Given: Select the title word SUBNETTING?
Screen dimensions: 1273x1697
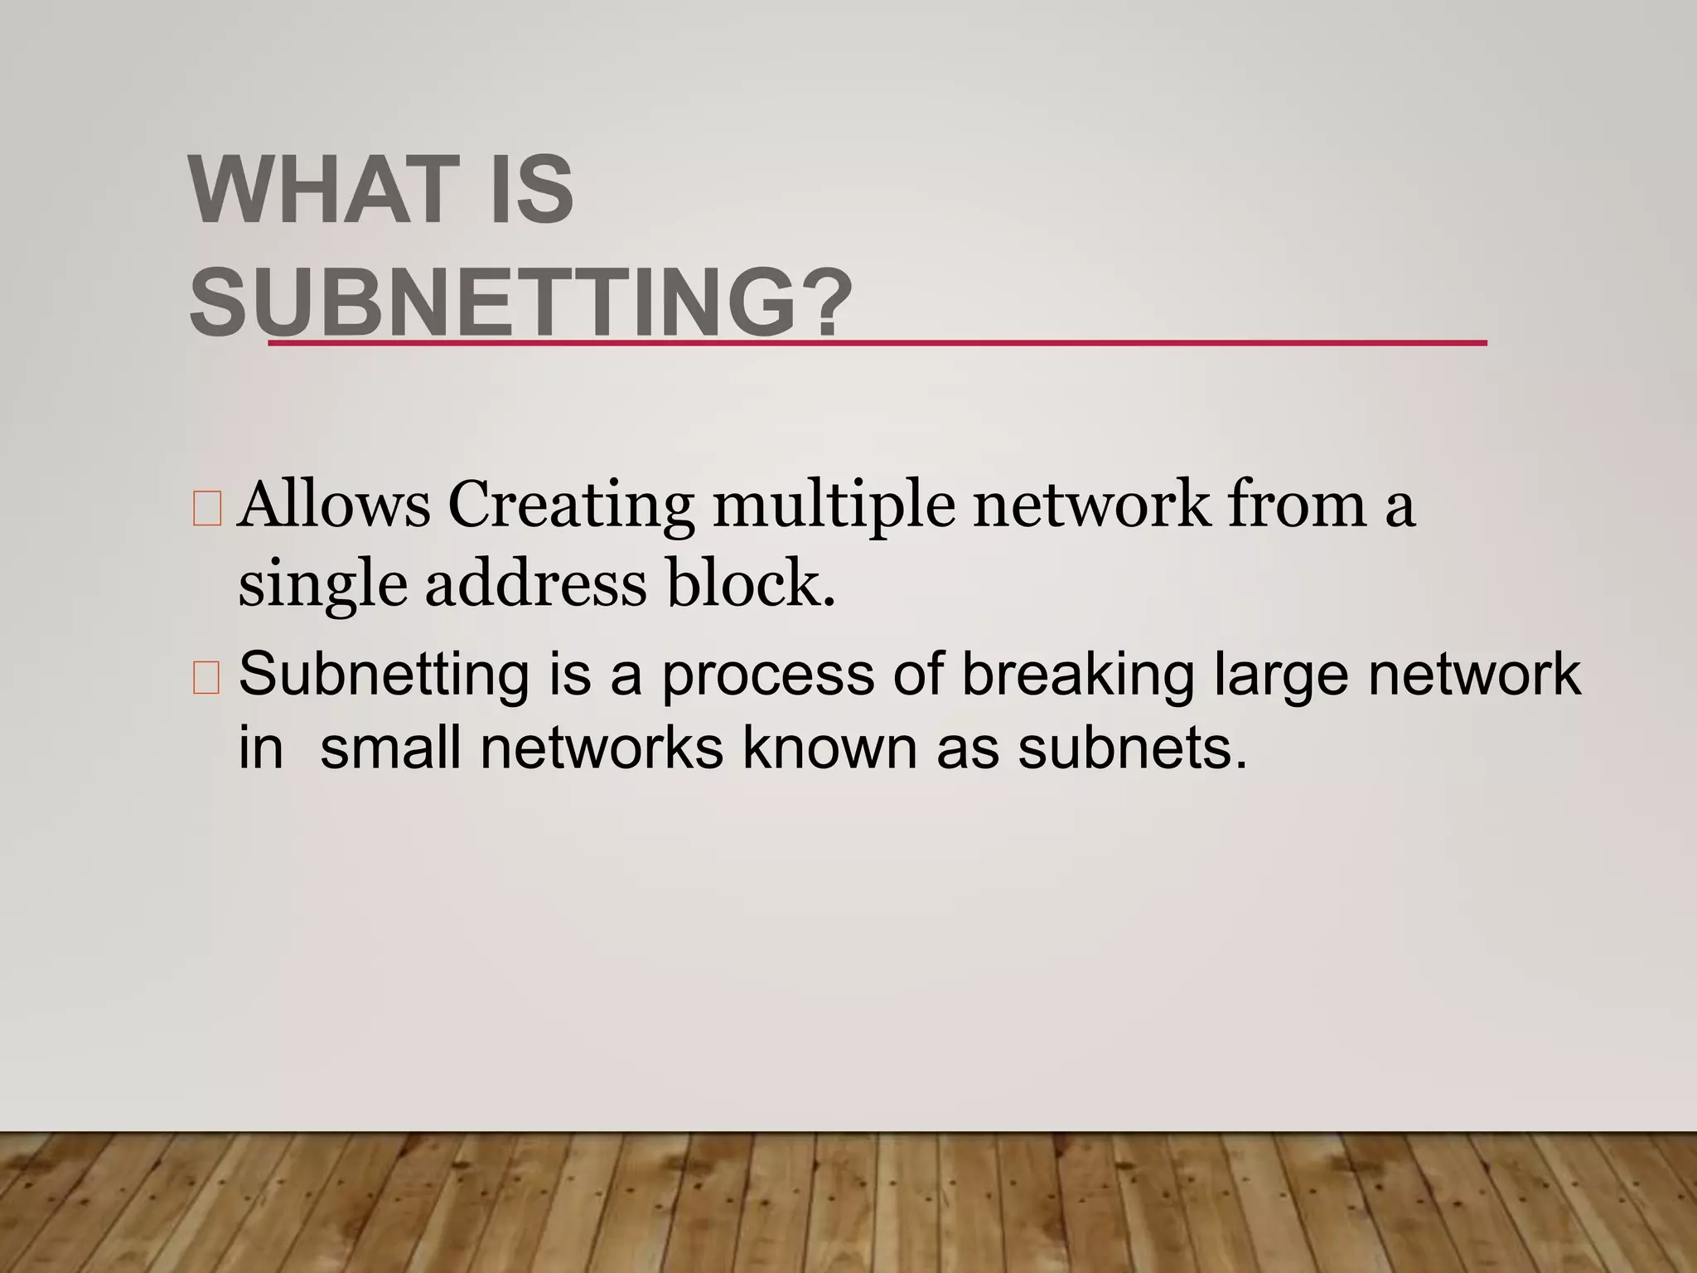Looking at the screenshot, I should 520,304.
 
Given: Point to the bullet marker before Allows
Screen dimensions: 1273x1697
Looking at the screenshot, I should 206,509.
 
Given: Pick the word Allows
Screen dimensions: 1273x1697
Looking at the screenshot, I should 333,506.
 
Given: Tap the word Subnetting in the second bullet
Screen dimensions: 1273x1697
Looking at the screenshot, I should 384,675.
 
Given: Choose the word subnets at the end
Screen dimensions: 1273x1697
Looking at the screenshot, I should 1131,748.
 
